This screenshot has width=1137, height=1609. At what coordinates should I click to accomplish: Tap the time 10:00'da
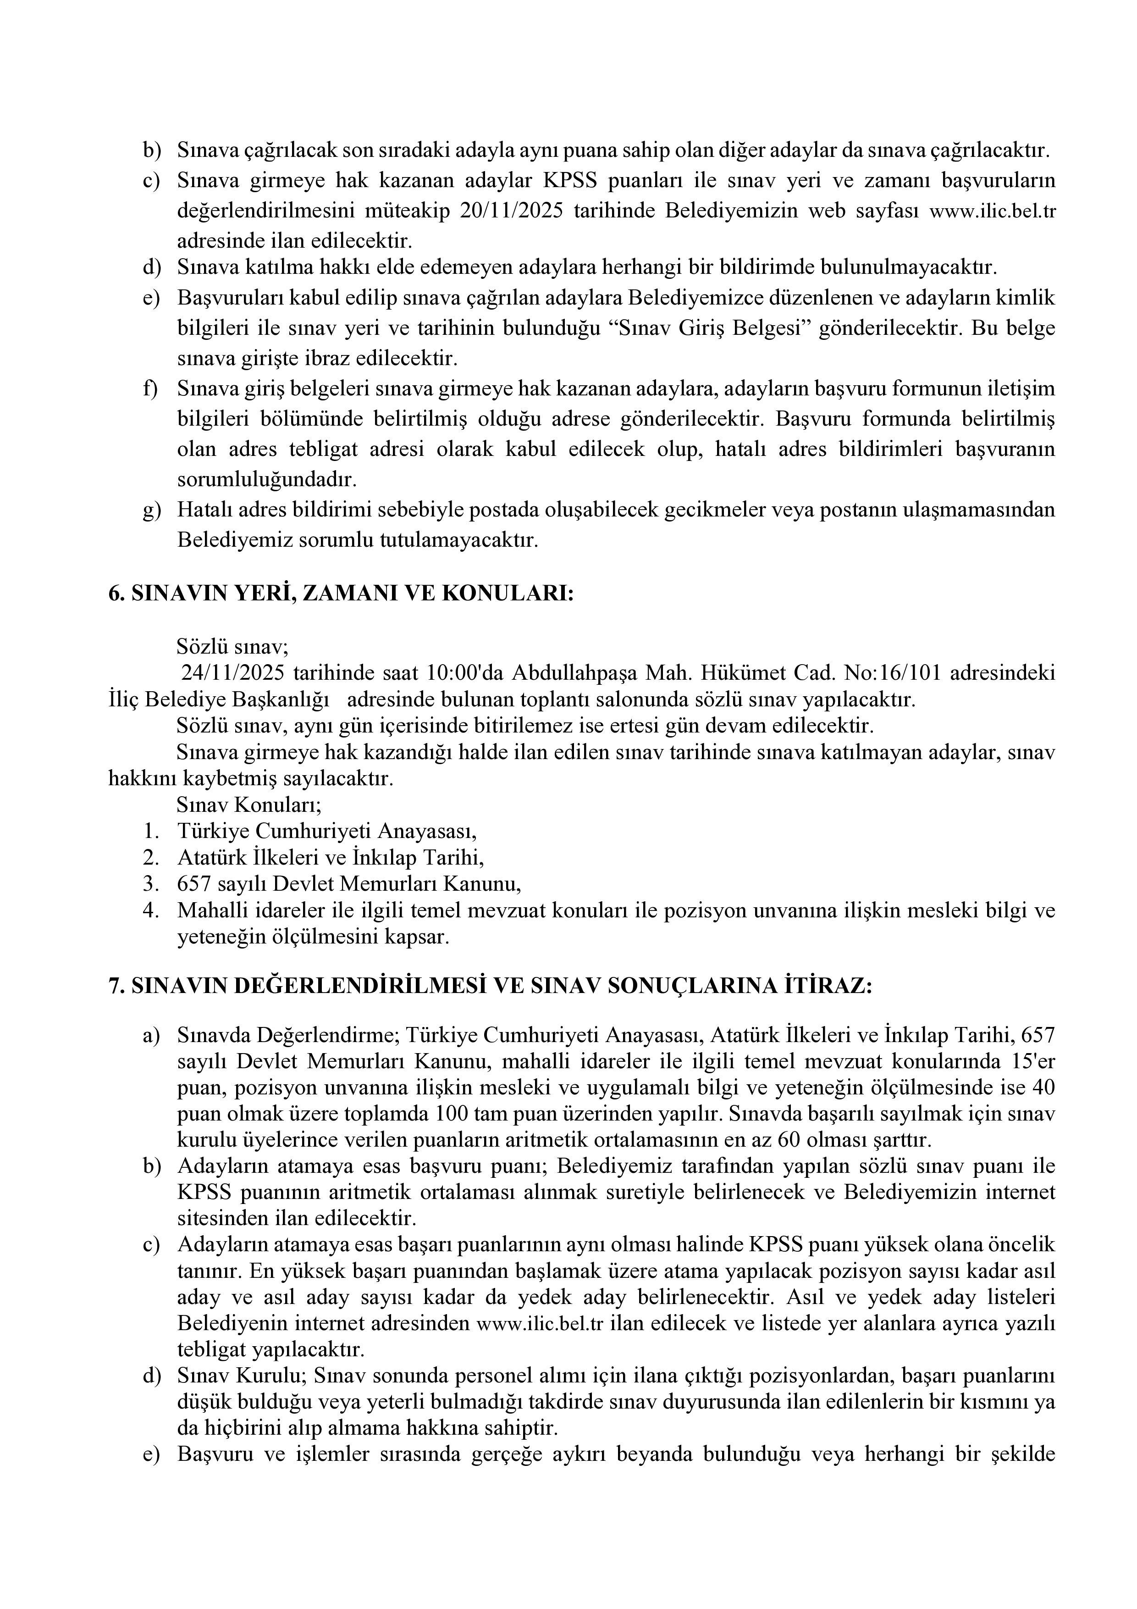[x=465, y=673]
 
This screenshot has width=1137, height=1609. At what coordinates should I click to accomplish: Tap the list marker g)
[x=151, y=510]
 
